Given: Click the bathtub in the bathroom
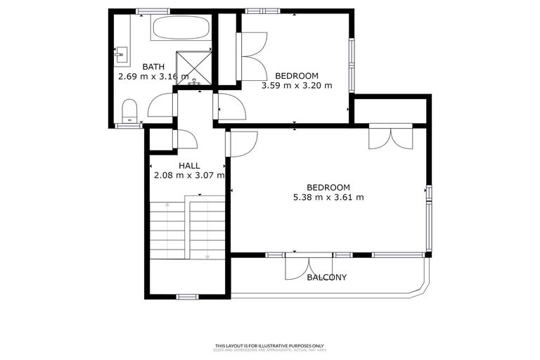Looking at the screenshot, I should (180, 28).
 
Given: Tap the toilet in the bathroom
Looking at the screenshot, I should (129, 110).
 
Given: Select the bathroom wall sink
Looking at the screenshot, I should (119, 52).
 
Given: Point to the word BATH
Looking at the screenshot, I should (153, 67).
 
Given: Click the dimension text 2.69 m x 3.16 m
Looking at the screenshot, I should (153, 77).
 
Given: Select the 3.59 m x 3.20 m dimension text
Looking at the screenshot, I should (296, 86).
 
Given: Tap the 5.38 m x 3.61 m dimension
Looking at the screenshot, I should (328, 197).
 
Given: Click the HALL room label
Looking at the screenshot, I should (188, 166).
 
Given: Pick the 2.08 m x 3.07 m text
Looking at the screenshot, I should (188, 176).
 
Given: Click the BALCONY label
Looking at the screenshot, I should (327, 277).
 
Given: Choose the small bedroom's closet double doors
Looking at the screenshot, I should (252, 56).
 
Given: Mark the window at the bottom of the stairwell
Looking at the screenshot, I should (186, 297).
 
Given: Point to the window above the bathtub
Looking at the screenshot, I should (153, 11).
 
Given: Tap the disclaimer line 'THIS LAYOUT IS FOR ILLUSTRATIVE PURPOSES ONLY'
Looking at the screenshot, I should (269, 345).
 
